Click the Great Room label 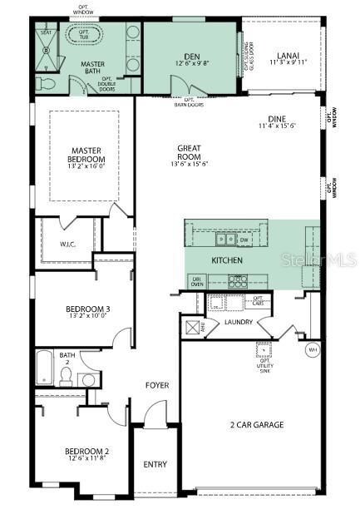190,153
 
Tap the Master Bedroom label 87,155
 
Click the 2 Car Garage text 257,425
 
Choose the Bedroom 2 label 87,453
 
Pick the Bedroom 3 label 87,312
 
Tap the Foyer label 157,385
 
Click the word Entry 155,464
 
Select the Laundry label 238,322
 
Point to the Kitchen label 226,261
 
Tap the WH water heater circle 313,349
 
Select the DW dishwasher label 244,240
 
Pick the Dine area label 277,122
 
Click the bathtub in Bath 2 44,368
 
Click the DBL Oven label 198,281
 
